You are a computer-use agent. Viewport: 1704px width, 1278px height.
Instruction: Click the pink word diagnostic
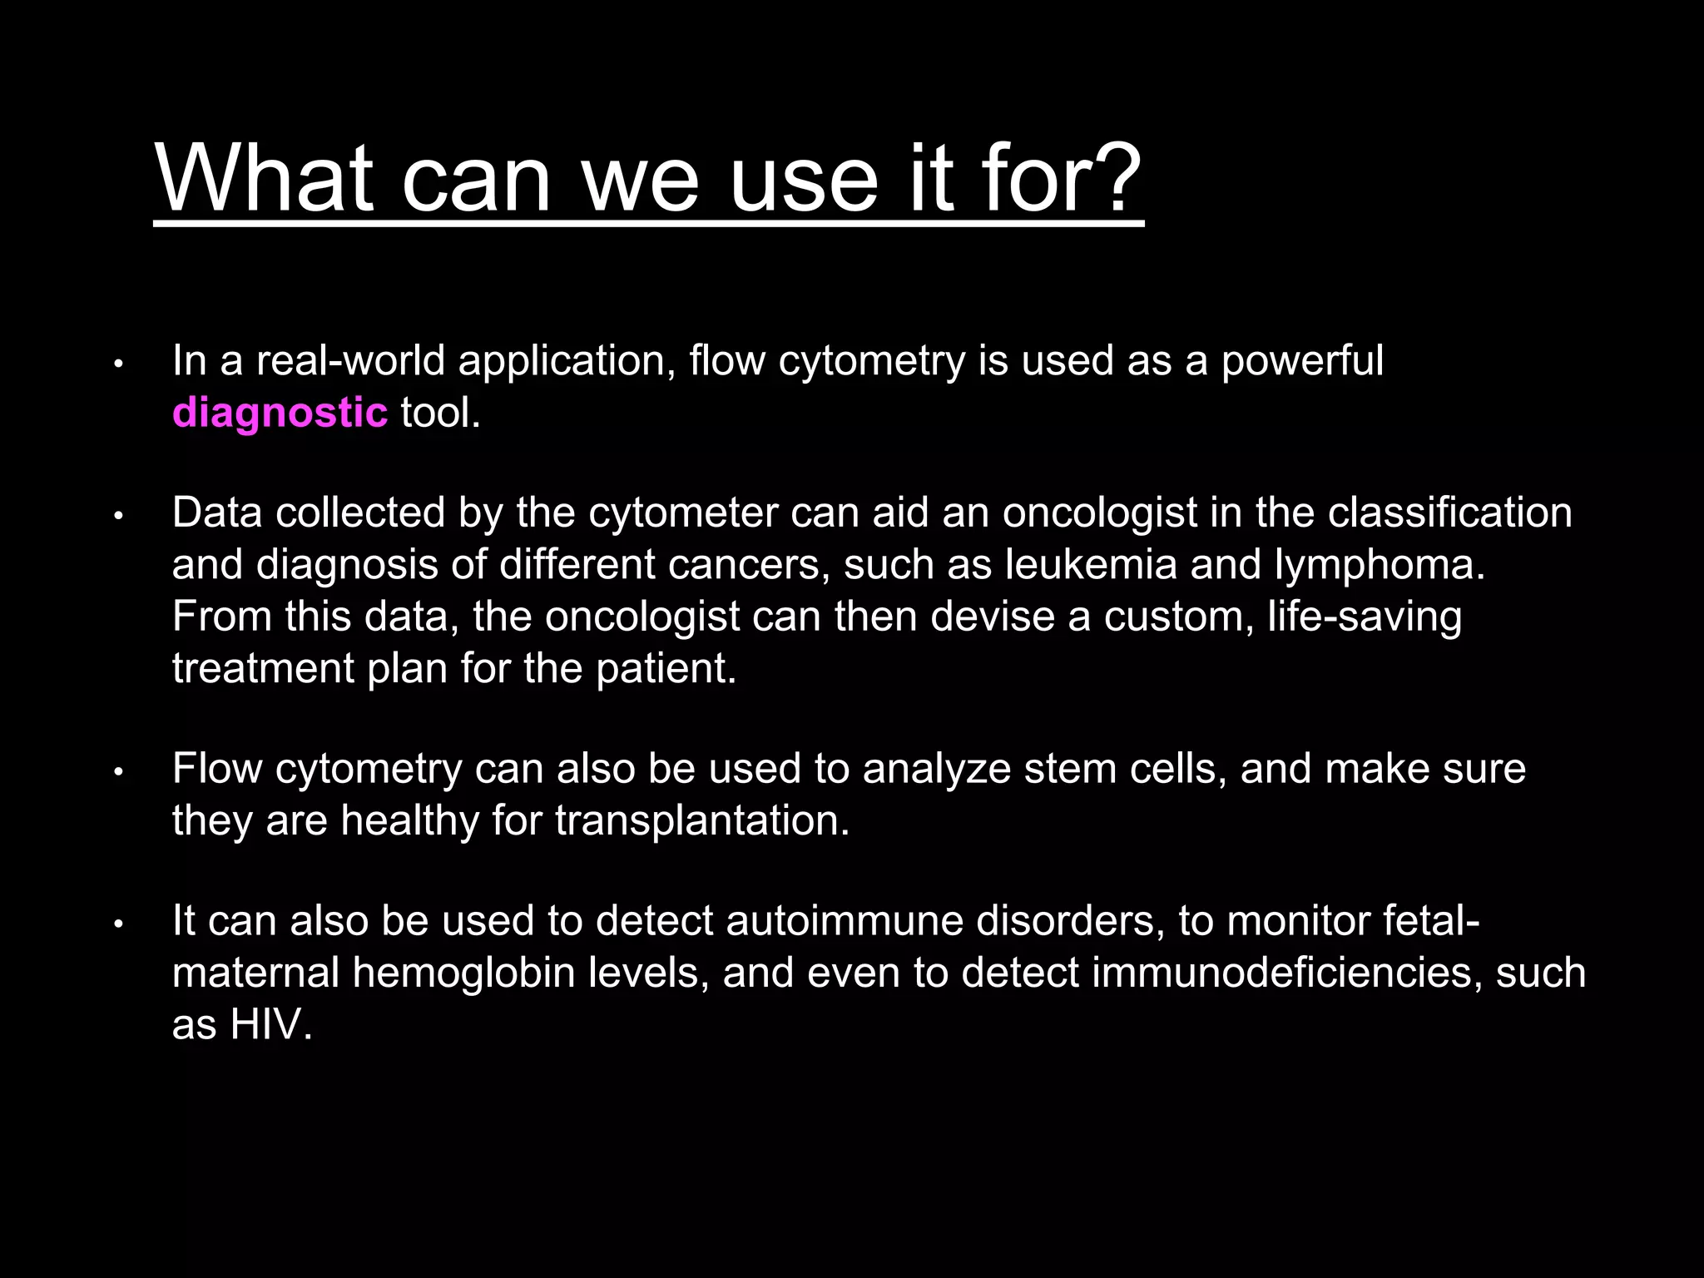[280, 413]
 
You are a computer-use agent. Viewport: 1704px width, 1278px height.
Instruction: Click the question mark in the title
[1113, 178]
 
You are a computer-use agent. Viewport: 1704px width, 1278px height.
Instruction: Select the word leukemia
[1091, 565]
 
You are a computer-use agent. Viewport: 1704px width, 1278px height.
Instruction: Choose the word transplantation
[701, 821]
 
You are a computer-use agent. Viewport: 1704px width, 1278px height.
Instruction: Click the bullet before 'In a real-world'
[119, 364]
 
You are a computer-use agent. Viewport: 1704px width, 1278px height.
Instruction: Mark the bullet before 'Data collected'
[119, 516]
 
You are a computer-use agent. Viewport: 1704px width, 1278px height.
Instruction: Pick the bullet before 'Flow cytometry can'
[119, 771]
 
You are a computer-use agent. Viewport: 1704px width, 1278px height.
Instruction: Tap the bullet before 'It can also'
[119, 924]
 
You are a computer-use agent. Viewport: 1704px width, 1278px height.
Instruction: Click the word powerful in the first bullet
[1302, 361]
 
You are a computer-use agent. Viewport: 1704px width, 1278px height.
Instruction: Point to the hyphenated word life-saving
[1365, 617]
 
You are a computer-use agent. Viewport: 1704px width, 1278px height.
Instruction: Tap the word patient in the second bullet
[666, 669]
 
